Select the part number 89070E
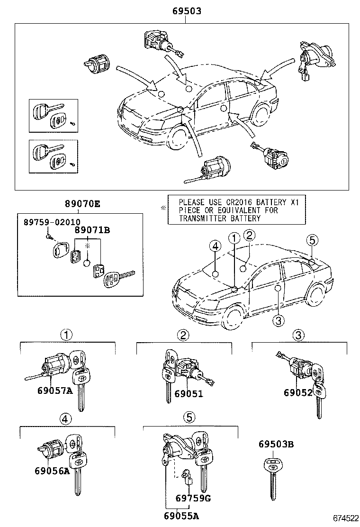click(x=82, y=204)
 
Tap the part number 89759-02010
click(x=52, y=221)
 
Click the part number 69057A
click(x=54, y=391)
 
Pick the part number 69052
click(x=299, y=392)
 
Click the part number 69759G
click(x=193, y=498)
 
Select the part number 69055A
click(x=178, y=516)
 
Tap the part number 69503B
click(x=276, y=444)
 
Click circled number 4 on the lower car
click(x=215, y=245)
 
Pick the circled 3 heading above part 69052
click(x=297, y=336)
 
